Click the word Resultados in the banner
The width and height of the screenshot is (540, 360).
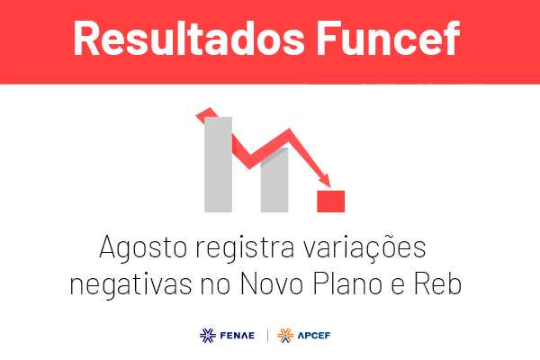click(x=189, y=38)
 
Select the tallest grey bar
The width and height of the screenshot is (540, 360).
click(x=218, y=165)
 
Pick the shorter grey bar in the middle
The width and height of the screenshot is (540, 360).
click(x=274, y=180)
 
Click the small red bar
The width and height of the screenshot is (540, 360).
click(x=330, y=202)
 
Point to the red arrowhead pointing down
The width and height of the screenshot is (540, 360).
click(x=325, y=181)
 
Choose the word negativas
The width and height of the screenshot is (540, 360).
click(x=130, y=284)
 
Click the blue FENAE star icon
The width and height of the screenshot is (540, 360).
click(x=208, y=336)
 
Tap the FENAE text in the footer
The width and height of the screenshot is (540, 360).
click(x=238, y=336)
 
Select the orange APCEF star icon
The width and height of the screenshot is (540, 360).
click(x=285, y=336)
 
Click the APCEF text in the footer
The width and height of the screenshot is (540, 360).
click(x=314, y=336)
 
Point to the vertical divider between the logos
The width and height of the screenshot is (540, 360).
click(x=267, y=336)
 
